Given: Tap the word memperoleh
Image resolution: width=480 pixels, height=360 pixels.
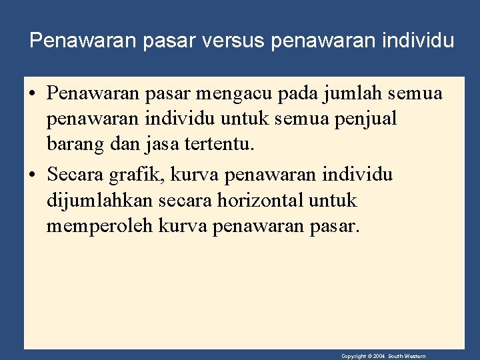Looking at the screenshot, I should (100, 227).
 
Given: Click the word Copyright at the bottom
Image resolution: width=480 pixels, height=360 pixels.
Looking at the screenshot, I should (352, 357).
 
